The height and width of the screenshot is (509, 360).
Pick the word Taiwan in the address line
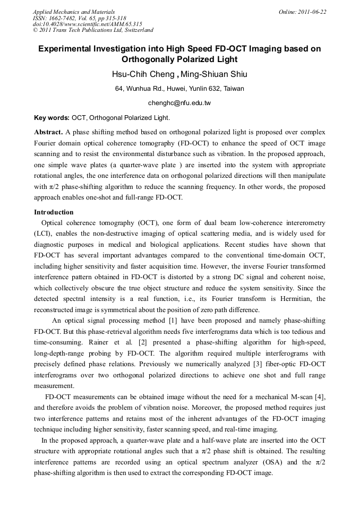(233, 89)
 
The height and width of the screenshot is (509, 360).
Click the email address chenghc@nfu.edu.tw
(179, 103)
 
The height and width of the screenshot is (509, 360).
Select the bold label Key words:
(52, 117)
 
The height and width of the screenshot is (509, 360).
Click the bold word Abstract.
(48, 131)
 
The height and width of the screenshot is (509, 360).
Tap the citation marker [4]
(321, 396)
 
